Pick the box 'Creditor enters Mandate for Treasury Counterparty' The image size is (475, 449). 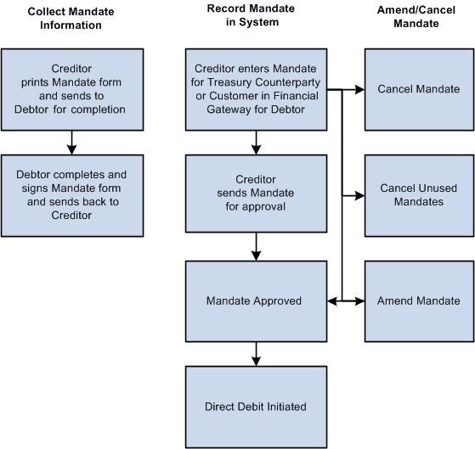[256, 88]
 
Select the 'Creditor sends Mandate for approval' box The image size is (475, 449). [256, 194]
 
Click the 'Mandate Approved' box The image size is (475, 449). [256, 300]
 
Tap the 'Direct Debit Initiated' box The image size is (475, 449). [256, 407]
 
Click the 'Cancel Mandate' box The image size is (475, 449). [417, 88]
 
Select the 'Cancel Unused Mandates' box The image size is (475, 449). [417, 194]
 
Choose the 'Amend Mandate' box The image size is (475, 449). [417, 300]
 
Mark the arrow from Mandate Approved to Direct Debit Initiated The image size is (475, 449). [256, 353]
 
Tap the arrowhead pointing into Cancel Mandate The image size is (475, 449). [359, 88]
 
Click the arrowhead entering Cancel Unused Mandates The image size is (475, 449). [359, 194]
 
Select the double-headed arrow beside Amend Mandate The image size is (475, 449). [346, 300]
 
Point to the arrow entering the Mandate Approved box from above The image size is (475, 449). [256, 247]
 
